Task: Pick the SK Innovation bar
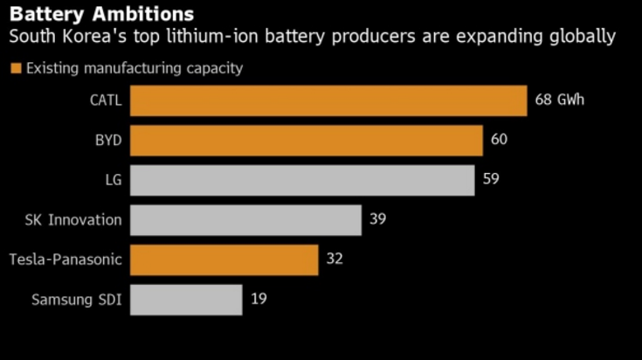246,219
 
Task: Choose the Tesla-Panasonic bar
224,260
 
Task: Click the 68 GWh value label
559,100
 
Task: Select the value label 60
499,140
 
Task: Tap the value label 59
490,180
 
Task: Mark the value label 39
377,219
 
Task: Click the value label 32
334,260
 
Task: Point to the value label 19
258,300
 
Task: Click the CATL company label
106,100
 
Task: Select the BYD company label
108,140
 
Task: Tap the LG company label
114,180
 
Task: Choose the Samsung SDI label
77,300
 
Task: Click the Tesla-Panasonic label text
65,260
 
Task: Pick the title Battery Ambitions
101,15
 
